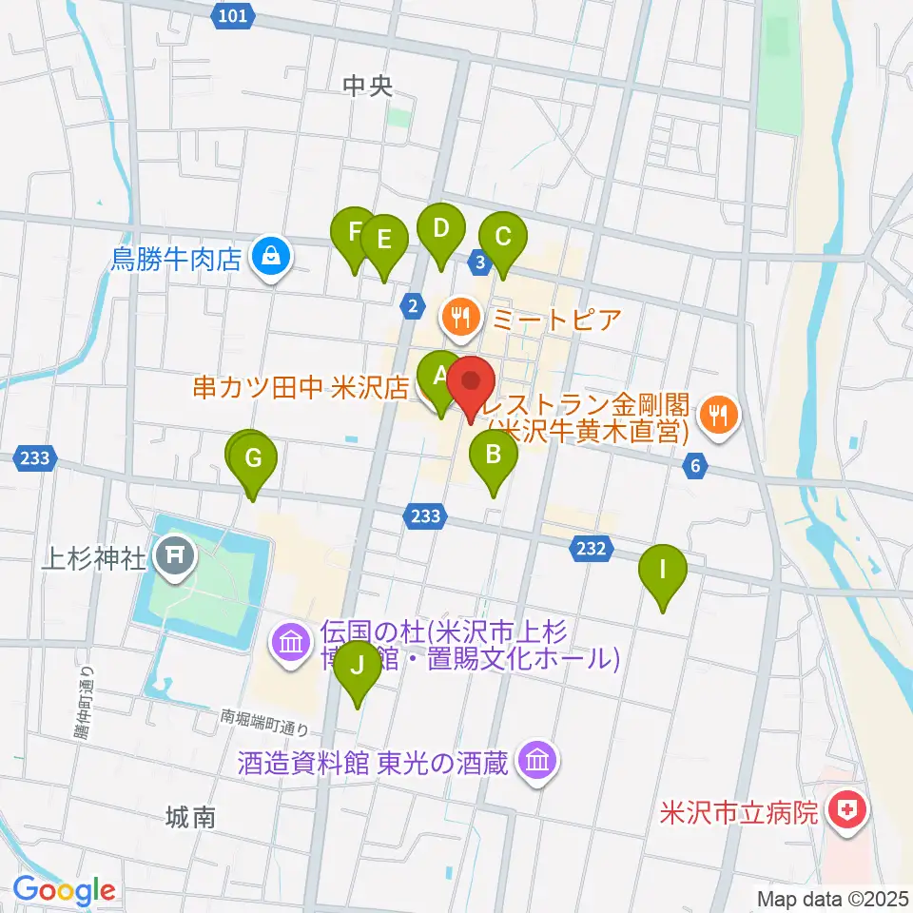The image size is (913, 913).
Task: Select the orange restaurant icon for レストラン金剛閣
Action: (x=718, y=416)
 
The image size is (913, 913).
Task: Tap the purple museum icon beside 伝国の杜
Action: (x=291, y=645)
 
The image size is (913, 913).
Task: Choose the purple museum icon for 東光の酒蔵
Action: (x=539, y=761)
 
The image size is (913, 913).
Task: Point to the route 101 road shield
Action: (x=233, y=14)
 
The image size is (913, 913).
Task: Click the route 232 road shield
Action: (x=591, y=549)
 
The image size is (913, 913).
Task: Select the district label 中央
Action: (x=367, y=87)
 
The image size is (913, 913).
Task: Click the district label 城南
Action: (x=189, y=816)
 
